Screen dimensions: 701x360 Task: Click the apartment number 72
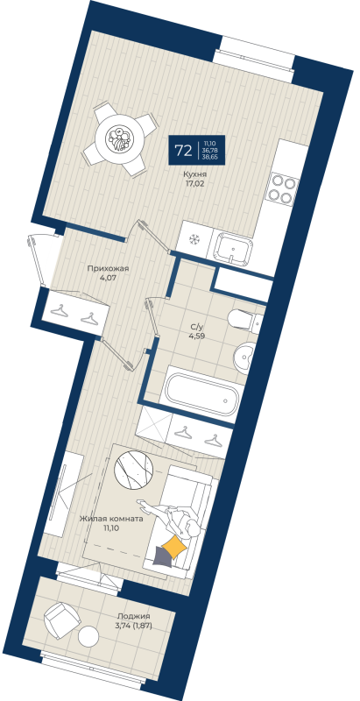pos(183,150)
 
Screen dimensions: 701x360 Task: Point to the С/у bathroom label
pos(198,328)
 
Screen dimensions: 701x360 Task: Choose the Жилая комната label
pos(111,519)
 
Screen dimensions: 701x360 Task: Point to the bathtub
pos(201,396)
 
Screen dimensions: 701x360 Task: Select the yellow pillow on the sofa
pos(175,546)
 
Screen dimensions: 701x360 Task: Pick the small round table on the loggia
pos(89,634)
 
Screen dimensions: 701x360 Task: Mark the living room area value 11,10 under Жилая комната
pos(111,528)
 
